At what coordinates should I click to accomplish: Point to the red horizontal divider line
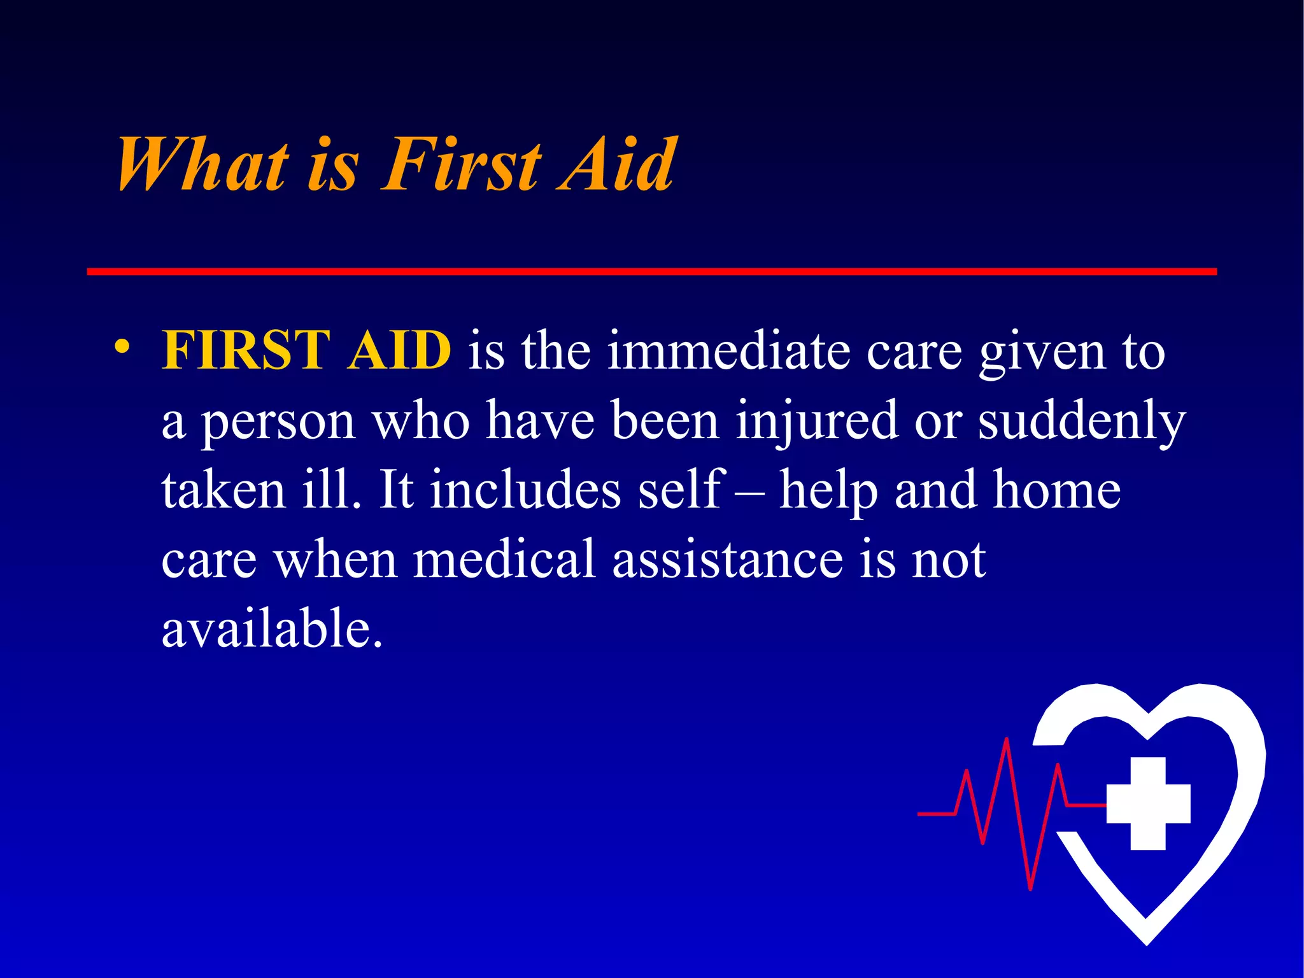[x=651, y=272]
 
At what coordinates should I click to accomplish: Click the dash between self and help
[x=749, y=492]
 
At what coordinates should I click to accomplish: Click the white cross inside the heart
[x=1148, y=804]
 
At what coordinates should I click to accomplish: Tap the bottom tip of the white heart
[x=1147, y=941]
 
